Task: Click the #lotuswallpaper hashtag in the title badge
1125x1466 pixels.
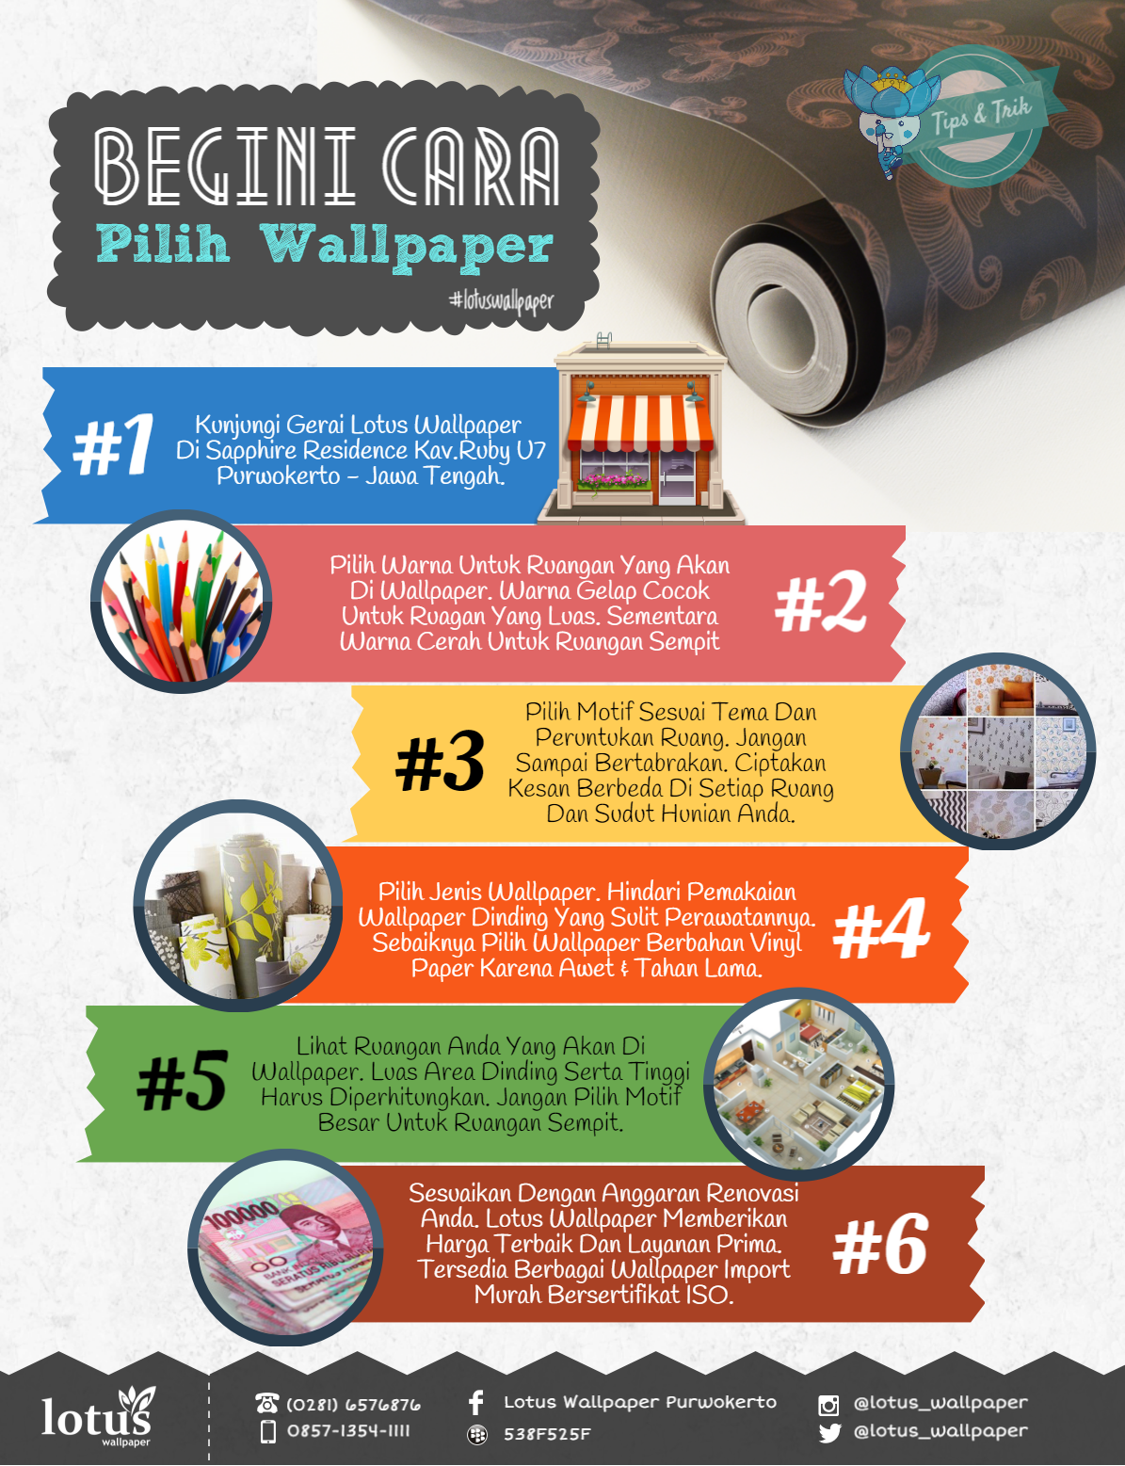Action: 501,301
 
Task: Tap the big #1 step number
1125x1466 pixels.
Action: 114,445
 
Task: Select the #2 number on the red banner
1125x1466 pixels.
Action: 821,604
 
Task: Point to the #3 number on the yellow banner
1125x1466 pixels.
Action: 441,762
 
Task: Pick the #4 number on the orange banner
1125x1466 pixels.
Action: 882,930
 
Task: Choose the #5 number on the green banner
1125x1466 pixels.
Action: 182,1082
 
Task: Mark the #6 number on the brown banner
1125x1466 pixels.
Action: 880,1245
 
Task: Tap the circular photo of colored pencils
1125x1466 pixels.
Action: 182,603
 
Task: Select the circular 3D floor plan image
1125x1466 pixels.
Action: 800,1082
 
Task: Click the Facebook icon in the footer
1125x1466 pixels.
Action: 476,1403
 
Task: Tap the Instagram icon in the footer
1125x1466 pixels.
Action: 828,1405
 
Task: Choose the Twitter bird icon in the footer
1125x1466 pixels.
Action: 828,1433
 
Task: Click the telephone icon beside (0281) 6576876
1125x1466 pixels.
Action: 267,1404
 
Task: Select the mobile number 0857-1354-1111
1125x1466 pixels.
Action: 348,1431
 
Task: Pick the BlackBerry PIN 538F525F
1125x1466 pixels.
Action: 547,1434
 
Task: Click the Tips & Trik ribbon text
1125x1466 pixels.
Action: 981,115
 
